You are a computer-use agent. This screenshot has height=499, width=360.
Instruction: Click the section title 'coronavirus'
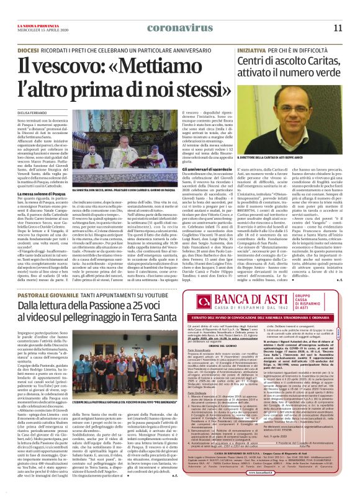[153, 27]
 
